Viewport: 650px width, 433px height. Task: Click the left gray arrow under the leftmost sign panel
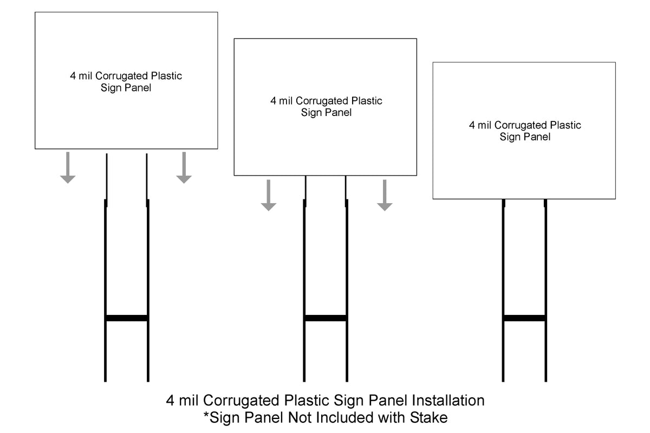[x=68, y=167]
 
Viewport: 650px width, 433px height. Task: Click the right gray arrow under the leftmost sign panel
[x=184, y=167]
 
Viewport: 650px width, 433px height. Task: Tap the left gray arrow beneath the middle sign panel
[x=269, y=195]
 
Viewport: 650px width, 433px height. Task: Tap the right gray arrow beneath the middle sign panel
[x=385, y=195]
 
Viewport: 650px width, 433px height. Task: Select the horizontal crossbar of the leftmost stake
[x=127, y=318]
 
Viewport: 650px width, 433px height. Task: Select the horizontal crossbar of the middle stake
[x=326, y=318]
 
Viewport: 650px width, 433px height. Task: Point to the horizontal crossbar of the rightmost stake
[x=524, y=318]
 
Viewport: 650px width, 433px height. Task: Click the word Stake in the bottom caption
[x=428, y=418]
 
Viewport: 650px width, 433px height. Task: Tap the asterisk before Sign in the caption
[x=206, y=415]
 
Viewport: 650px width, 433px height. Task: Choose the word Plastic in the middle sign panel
[x=367, y=101]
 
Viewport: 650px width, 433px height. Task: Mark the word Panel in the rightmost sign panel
[x=538, y=137]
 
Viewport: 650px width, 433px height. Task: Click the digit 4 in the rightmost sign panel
[x=472, y=125]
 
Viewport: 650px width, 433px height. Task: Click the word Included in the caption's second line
[x=345, y=418]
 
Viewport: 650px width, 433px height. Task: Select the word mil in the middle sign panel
[x=286, y=101]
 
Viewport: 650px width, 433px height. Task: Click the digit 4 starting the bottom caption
[x=170, y=400]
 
